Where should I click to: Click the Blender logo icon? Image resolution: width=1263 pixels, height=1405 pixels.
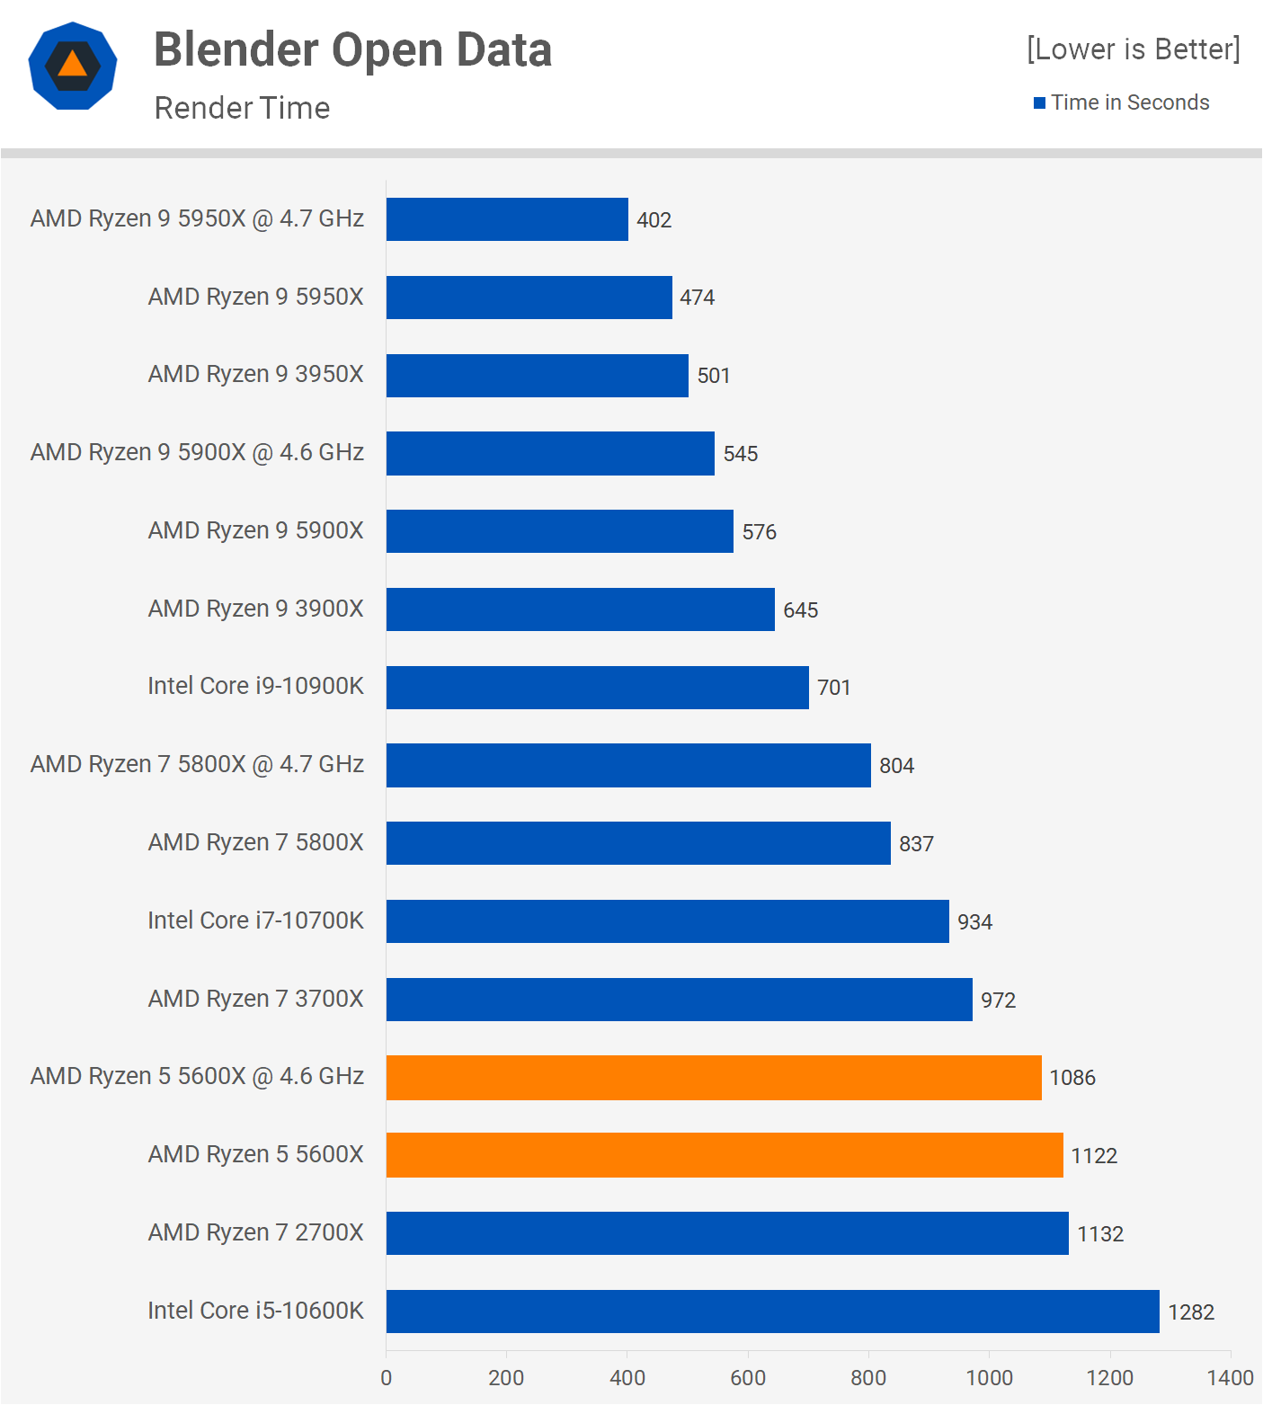click(x=73, y=66)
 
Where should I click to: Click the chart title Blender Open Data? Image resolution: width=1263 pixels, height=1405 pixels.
click(x=352, y=49)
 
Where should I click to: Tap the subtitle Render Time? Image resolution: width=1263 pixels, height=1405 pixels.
click(x=242, y=108)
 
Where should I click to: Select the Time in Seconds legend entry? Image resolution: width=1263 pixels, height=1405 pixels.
click(x=1121, y=102)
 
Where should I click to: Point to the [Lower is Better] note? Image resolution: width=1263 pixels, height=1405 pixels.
click(x=1133, y=49)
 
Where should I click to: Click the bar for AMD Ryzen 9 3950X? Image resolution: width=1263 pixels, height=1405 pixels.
click(x=537, y=376)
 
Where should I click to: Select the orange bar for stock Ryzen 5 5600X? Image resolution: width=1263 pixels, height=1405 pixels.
click(x=725, y=1155)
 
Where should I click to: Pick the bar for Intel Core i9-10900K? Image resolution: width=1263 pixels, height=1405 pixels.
click(x=597, y=688)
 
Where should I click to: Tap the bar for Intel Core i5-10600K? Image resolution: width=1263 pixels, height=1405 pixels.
click(x=772, y=1312)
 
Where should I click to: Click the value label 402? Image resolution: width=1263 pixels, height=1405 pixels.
click(x=654, y=220)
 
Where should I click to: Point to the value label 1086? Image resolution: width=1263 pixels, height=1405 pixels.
click(x=1072, y=1078)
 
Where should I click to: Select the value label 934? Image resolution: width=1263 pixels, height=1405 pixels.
click(x=974, y=922)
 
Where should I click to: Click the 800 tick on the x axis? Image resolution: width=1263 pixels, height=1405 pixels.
click(x=868, y=1378)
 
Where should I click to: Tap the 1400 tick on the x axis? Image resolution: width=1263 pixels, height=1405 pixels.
click(x=1230, y=1378)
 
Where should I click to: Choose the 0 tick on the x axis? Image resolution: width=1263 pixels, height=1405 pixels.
click(x=387, y=1378)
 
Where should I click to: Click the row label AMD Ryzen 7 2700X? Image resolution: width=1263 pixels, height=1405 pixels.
click(x=255, y=1232)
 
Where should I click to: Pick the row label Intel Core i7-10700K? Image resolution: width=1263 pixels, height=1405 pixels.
click(x=255, y=920)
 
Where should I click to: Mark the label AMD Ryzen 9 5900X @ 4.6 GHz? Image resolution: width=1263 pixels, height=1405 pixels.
click(x=197, y=452)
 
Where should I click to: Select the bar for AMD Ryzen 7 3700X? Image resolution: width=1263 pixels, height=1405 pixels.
click(x=679, y=1000)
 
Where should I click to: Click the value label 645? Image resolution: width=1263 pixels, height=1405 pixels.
click(x=800, y=610)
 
